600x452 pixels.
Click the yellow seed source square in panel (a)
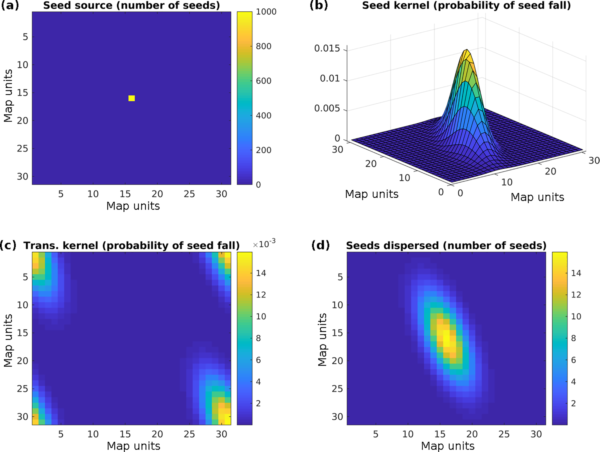click(131, 98)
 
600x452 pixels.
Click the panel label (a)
click(10, 6)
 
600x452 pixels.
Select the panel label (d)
click(320, 246)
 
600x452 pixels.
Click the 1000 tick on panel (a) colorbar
click(266, 12)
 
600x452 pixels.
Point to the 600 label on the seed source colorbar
click(263, 81)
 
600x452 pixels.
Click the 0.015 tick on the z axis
click(327, 48)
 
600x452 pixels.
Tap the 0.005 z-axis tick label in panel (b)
click(327, 109)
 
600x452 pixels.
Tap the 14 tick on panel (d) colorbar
click(576, 273)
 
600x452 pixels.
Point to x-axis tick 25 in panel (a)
click(189, 194)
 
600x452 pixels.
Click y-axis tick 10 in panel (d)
click(338, 305)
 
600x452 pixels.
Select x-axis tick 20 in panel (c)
click(157, 434)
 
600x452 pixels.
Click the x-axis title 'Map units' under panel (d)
click(448, 446)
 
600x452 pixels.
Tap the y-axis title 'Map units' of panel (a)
click(8, 96)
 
